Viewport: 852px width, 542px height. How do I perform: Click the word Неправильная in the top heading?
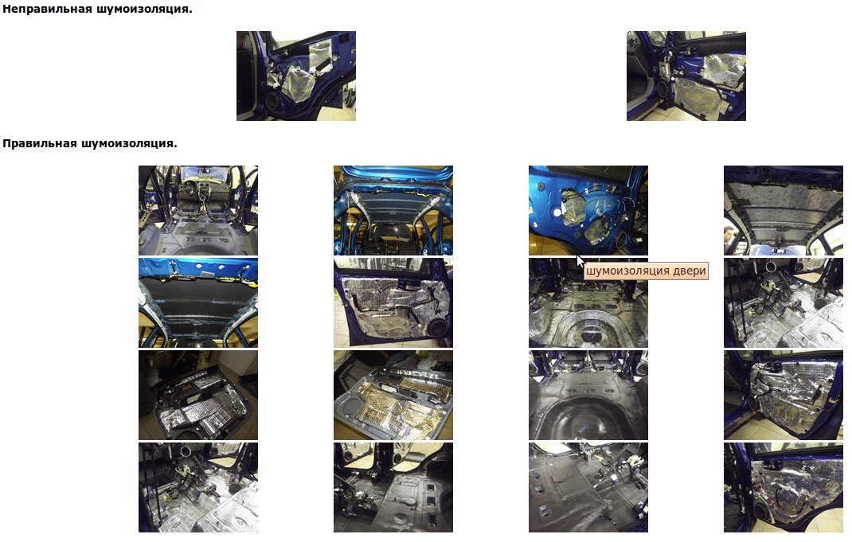click(x=47, y=9)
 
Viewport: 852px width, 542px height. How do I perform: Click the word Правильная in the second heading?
click(x=40, y=143)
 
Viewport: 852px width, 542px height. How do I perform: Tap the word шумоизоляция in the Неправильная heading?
click(x=143, y=9)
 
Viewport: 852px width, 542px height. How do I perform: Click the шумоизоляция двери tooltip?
click(x=646, y=271)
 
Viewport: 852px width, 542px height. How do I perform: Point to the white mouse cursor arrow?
click(x=580, y=261)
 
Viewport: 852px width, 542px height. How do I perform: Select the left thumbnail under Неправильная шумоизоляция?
click(x=296, y=76)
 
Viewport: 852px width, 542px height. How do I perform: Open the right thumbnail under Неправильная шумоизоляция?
click(x=686, y=76)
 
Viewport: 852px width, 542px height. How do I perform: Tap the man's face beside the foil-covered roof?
click(x=729, y=234)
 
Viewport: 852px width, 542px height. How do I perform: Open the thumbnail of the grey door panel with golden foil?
click(x=393, y=395)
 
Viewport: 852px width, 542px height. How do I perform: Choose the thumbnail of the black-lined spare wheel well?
click(x=588, y=395)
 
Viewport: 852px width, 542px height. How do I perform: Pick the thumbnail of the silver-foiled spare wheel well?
click(x=588, y=302)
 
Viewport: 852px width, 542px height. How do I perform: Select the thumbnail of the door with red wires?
click(x=784, y=487)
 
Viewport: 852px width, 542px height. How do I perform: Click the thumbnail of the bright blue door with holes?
click(x=588, y=210)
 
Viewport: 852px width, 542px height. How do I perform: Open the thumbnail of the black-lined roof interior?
click(x=198, y=302)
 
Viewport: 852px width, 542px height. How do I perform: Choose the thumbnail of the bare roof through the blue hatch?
click(x=393, y=210)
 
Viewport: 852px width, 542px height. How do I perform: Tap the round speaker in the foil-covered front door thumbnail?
click(x=438, y=328)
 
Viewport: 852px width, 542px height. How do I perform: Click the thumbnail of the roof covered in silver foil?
click(x=784, y=210)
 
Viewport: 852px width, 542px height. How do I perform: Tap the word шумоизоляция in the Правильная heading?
click(x=129, y=143)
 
